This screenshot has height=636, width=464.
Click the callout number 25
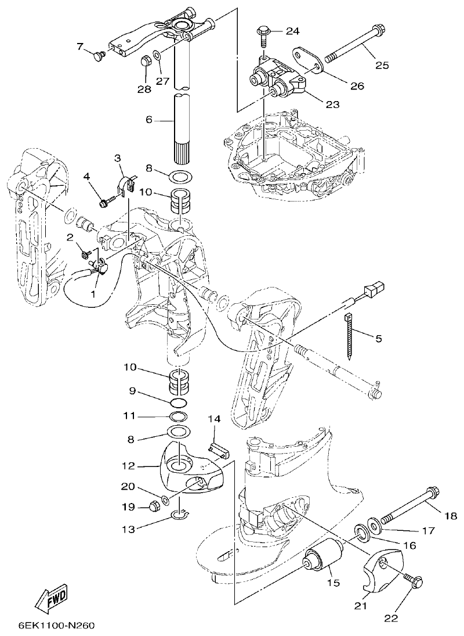coord(382,65)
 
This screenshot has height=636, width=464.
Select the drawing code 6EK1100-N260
coord(56,626)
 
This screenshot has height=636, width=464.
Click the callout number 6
coord(149,120)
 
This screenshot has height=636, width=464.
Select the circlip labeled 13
coord(180,514)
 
